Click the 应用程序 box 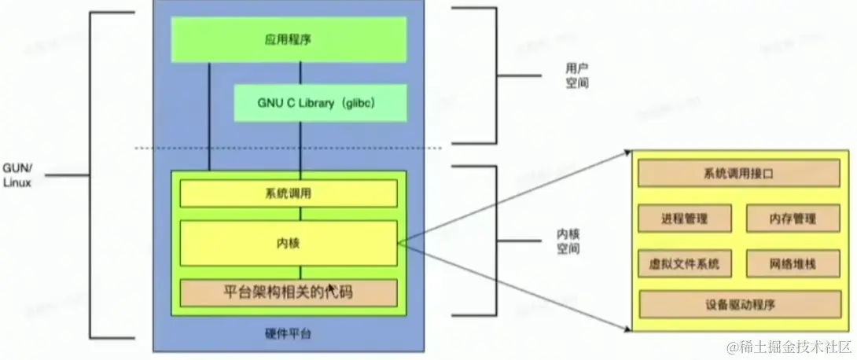(289, 39)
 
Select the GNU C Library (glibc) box (321, 103)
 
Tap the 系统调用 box (289, 193)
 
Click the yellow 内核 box (289, 243)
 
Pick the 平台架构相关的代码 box (289, 293)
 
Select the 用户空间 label (577, 75)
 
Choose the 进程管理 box (685, 219)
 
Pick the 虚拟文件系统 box (685, 263)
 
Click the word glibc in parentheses (366, 103)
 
